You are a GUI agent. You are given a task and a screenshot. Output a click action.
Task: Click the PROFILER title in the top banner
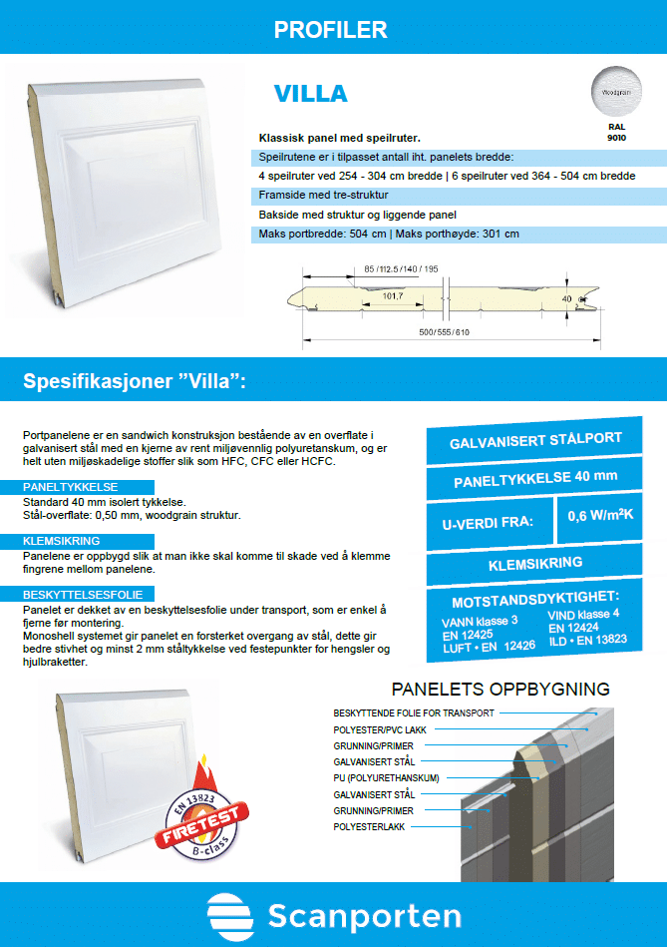(x=330, y=30)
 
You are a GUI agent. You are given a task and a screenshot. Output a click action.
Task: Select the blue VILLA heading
(x=310, y=94)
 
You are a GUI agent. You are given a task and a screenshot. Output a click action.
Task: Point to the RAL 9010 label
(x=616, y=134)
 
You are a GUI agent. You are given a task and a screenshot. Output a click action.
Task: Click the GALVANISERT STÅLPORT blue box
(x=535, y=439)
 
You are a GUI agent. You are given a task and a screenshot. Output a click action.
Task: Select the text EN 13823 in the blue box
(x=599, y=639)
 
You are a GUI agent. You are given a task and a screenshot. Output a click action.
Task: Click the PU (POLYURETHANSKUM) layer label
(x=386, y=777)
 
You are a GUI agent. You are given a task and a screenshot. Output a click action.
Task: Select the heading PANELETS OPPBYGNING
(x=500, y=689)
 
